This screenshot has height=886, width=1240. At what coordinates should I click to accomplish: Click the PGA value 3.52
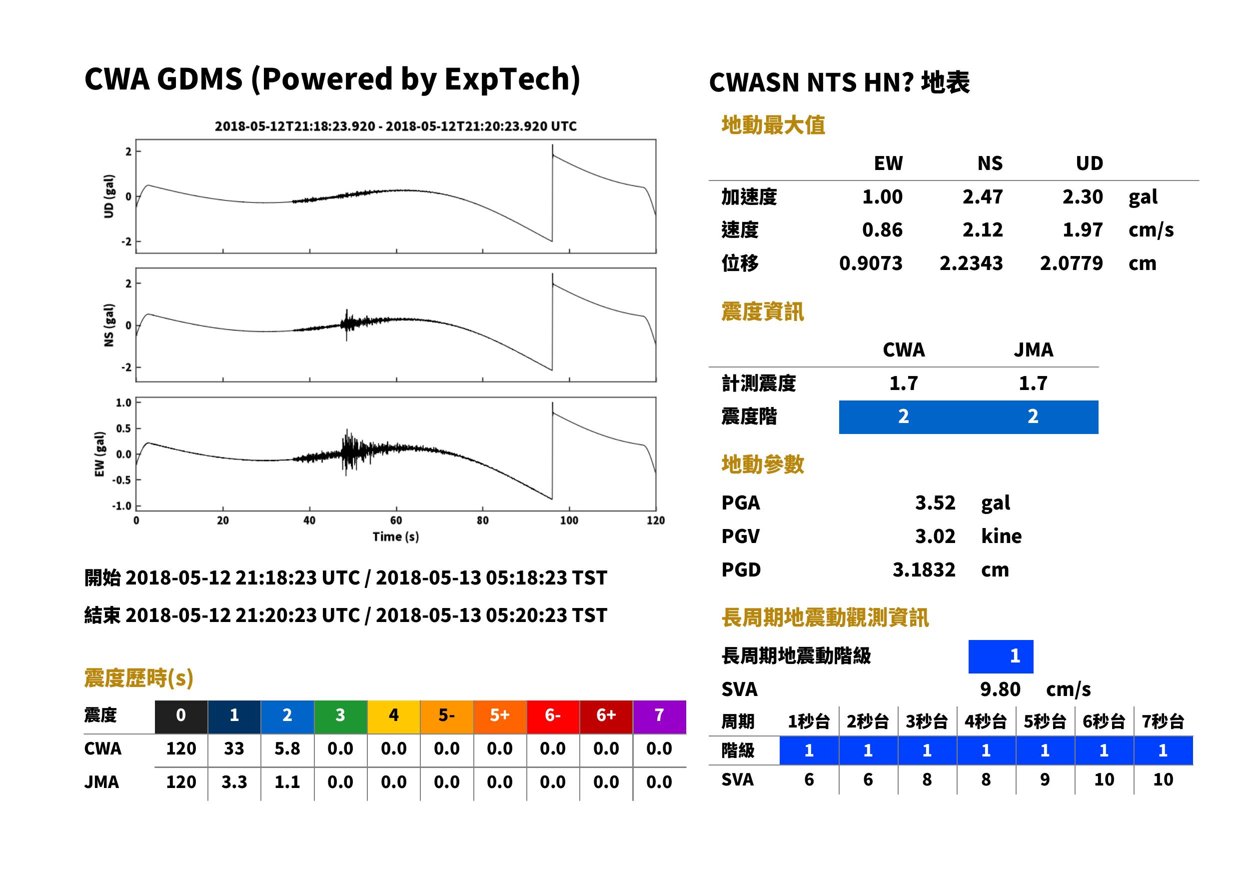(935, 502)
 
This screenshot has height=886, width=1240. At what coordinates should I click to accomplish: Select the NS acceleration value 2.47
(982, 196)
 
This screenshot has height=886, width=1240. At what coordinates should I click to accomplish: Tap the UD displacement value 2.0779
(1071, 263)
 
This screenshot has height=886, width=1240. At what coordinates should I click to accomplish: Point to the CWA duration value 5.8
(287, 748)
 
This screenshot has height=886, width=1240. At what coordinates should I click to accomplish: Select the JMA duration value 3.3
(234, 782)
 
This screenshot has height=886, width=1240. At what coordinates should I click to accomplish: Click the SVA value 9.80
(1000, 689)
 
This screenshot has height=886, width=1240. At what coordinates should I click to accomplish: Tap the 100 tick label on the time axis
(569, 520)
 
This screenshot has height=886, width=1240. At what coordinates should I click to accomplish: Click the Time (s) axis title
(396, 537)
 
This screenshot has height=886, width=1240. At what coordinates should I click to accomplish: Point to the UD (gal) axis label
(109, 196)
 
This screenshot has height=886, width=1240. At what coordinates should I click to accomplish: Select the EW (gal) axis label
(100, 454)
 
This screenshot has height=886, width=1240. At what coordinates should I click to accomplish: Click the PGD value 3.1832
(924, 569)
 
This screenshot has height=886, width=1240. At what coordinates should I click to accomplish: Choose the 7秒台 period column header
(1163, 721)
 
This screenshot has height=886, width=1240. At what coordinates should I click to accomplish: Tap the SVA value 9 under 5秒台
(1044, 779)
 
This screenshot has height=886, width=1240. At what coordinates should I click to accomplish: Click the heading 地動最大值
(773, 125)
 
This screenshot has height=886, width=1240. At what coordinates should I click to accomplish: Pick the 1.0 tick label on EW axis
(123, 402)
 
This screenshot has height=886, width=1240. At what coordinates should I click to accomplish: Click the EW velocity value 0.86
(882, 229)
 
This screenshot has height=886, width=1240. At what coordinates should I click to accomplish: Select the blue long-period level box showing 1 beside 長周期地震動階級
(1001, 656)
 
